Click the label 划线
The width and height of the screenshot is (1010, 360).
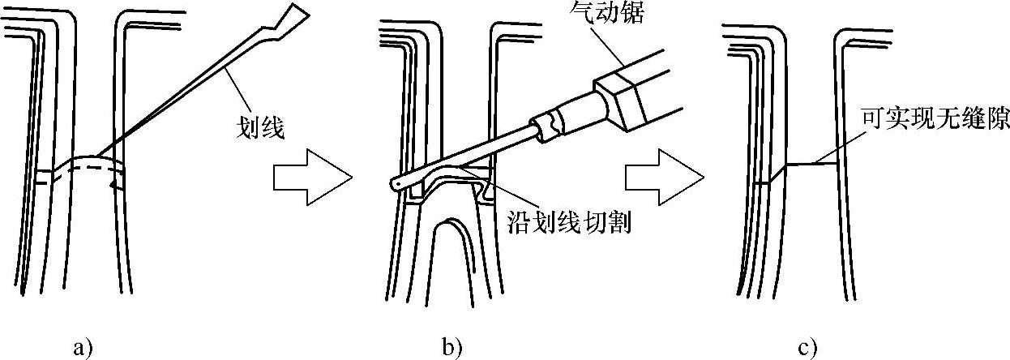(x=259, y=127)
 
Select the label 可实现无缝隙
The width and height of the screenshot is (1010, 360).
(x=932, y=144)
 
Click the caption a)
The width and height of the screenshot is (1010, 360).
(x=83, y=348)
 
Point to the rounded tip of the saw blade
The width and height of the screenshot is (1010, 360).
(x=394, y=185)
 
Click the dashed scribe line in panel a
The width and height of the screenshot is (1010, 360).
(x=81, y=171)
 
